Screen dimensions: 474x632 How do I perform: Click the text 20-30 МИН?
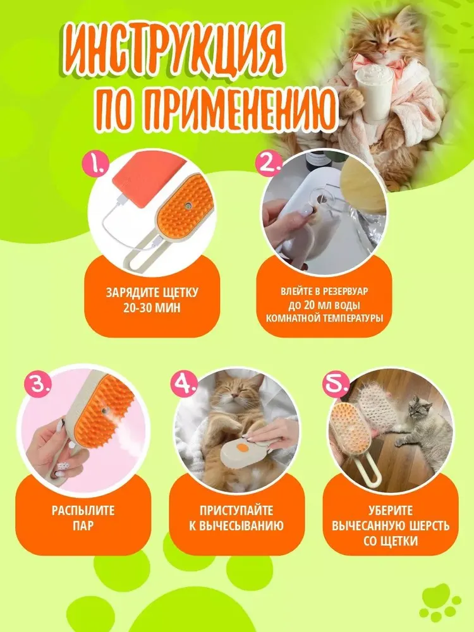coord(152,308)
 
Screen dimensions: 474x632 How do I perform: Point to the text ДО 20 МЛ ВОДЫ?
coord(324,305)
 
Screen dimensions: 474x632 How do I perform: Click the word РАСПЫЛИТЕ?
coord(83,511)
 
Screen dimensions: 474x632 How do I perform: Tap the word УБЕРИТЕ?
coord(391,511)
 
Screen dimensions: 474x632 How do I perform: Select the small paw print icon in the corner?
coord(439,602)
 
